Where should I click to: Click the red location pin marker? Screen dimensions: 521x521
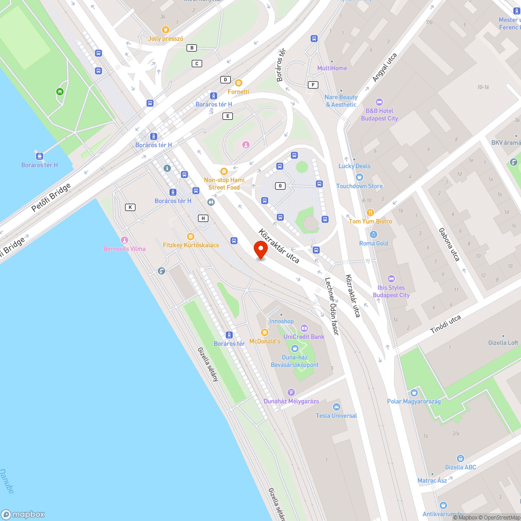[x=260, y=250]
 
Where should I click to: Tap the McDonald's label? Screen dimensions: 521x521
[x=265, y=341]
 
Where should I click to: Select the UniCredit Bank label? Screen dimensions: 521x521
[x=304, y=337]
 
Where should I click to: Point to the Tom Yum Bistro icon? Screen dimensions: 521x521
[x=370, y=212]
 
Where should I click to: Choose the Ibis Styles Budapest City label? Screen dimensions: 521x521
[x=391, y=291]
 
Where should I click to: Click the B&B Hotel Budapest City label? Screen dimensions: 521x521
[x=379, y=115]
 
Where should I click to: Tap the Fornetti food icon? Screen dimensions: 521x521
[x=238, y=83]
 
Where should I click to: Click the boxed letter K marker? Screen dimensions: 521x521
[x=130, y=207]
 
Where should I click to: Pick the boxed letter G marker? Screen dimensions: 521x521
[x=281, y=186]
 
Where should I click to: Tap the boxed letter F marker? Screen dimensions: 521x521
[x=313, y=85]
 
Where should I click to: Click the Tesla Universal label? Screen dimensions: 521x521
[x=337, y=415]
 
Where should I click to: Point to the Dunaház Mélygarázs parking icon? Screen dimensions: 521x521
[x=291, y=392]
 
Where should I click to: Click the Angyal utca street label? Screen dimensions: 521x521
[x=384, y=68]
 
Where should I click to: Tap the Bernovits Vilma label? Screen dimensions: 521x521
[x=125, y=249]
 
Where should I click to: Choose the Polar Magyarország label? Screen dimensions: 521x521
[x=414, y=401]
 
